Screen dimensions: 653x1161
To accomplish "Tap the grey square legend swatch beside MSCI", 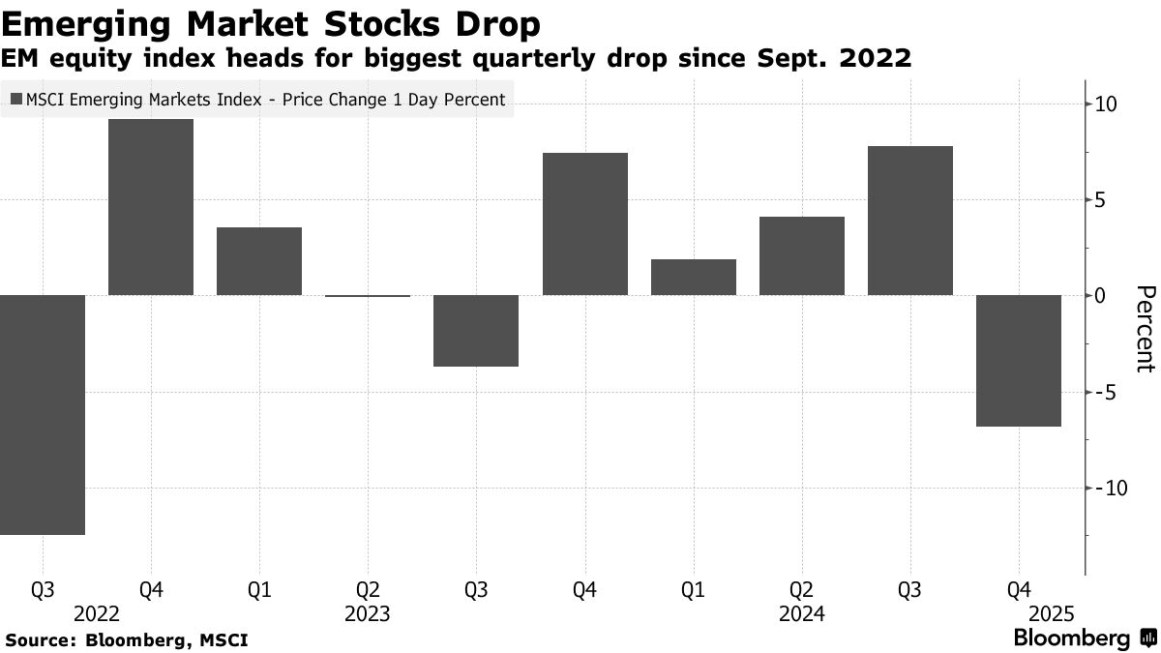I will click(15, 100).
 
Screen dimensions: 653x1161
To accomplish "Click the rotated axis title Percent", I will click(1145, 329).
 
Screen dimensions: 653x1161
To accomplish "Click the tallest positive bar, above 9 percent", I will click(151, 207).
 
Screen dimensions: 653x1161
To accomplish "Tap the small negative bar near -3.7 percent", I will click(476, 331).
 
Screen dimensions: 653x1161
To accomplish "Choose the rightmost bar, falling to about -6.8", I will click(1019, 360).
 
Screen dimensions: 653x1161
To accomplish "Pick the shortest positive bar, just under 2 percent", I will click(694, 277).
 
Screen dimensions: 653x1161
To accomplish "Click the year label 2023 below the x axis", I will click(368, 614).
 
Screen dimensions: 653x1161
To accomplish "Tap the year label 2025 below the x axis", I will click(1052, 614).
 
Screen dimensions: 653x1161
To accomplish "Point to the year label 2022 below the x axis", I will click(96, 614).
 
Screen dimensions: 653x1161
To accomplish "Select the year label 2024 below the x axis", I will click(802, 614).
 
